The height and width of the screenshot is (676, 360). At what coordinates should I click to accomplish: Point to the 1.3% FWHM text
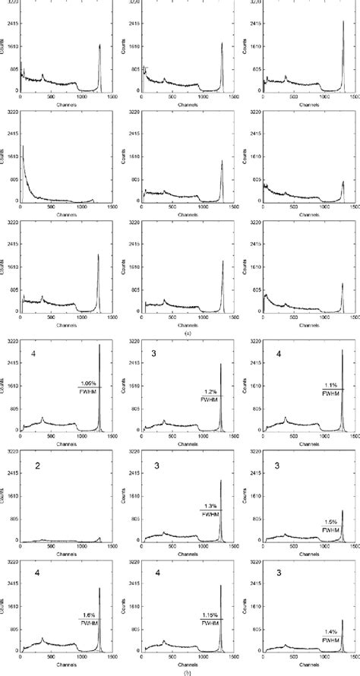click(210, 509)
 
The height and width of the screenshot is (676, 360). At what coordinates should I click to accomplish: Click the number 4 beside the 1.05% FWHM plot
click(33, 353)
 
